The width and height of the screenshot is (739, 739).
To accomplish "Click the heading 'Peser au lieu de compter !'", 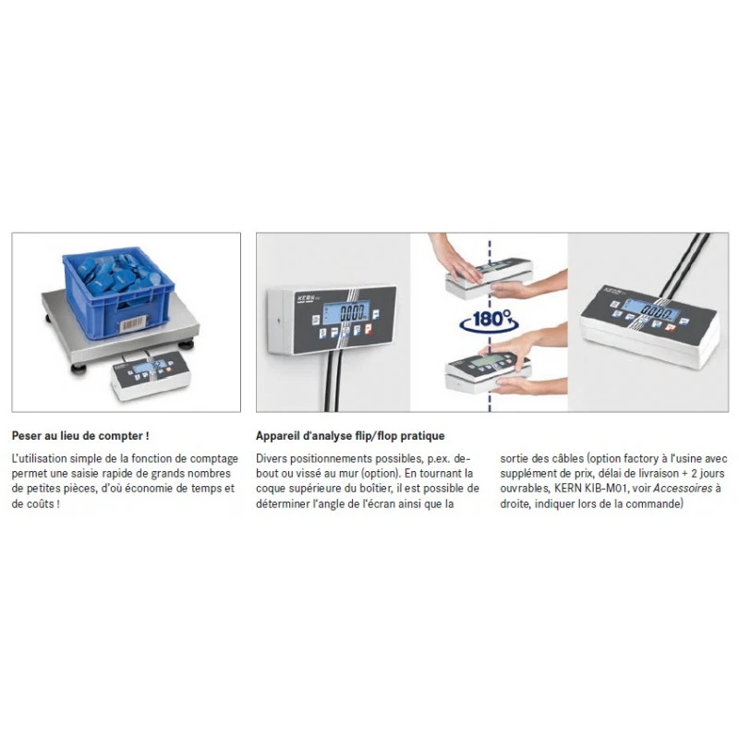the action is coord(80,436).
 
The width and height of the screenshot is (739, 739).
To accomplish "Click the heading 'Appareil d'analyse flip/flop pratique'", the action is coord(350,436).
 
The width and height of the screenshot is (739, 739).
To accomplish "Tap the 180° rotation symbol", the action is coord(490,320).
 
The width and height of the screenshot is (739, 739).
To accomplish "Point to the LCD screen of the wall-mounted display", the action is coord(345,312).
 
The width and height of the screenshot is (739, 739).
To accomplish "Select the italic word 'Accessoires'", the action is coord(683,489).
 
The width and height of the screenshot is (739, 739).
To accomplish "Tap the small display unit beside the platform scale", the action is coord(151,375).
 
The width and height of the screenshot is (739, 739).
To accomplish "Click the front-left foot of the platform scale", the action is coord(79,368).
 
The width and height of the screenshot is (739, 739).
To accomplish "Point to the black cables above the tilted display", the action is coord(684,265).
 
